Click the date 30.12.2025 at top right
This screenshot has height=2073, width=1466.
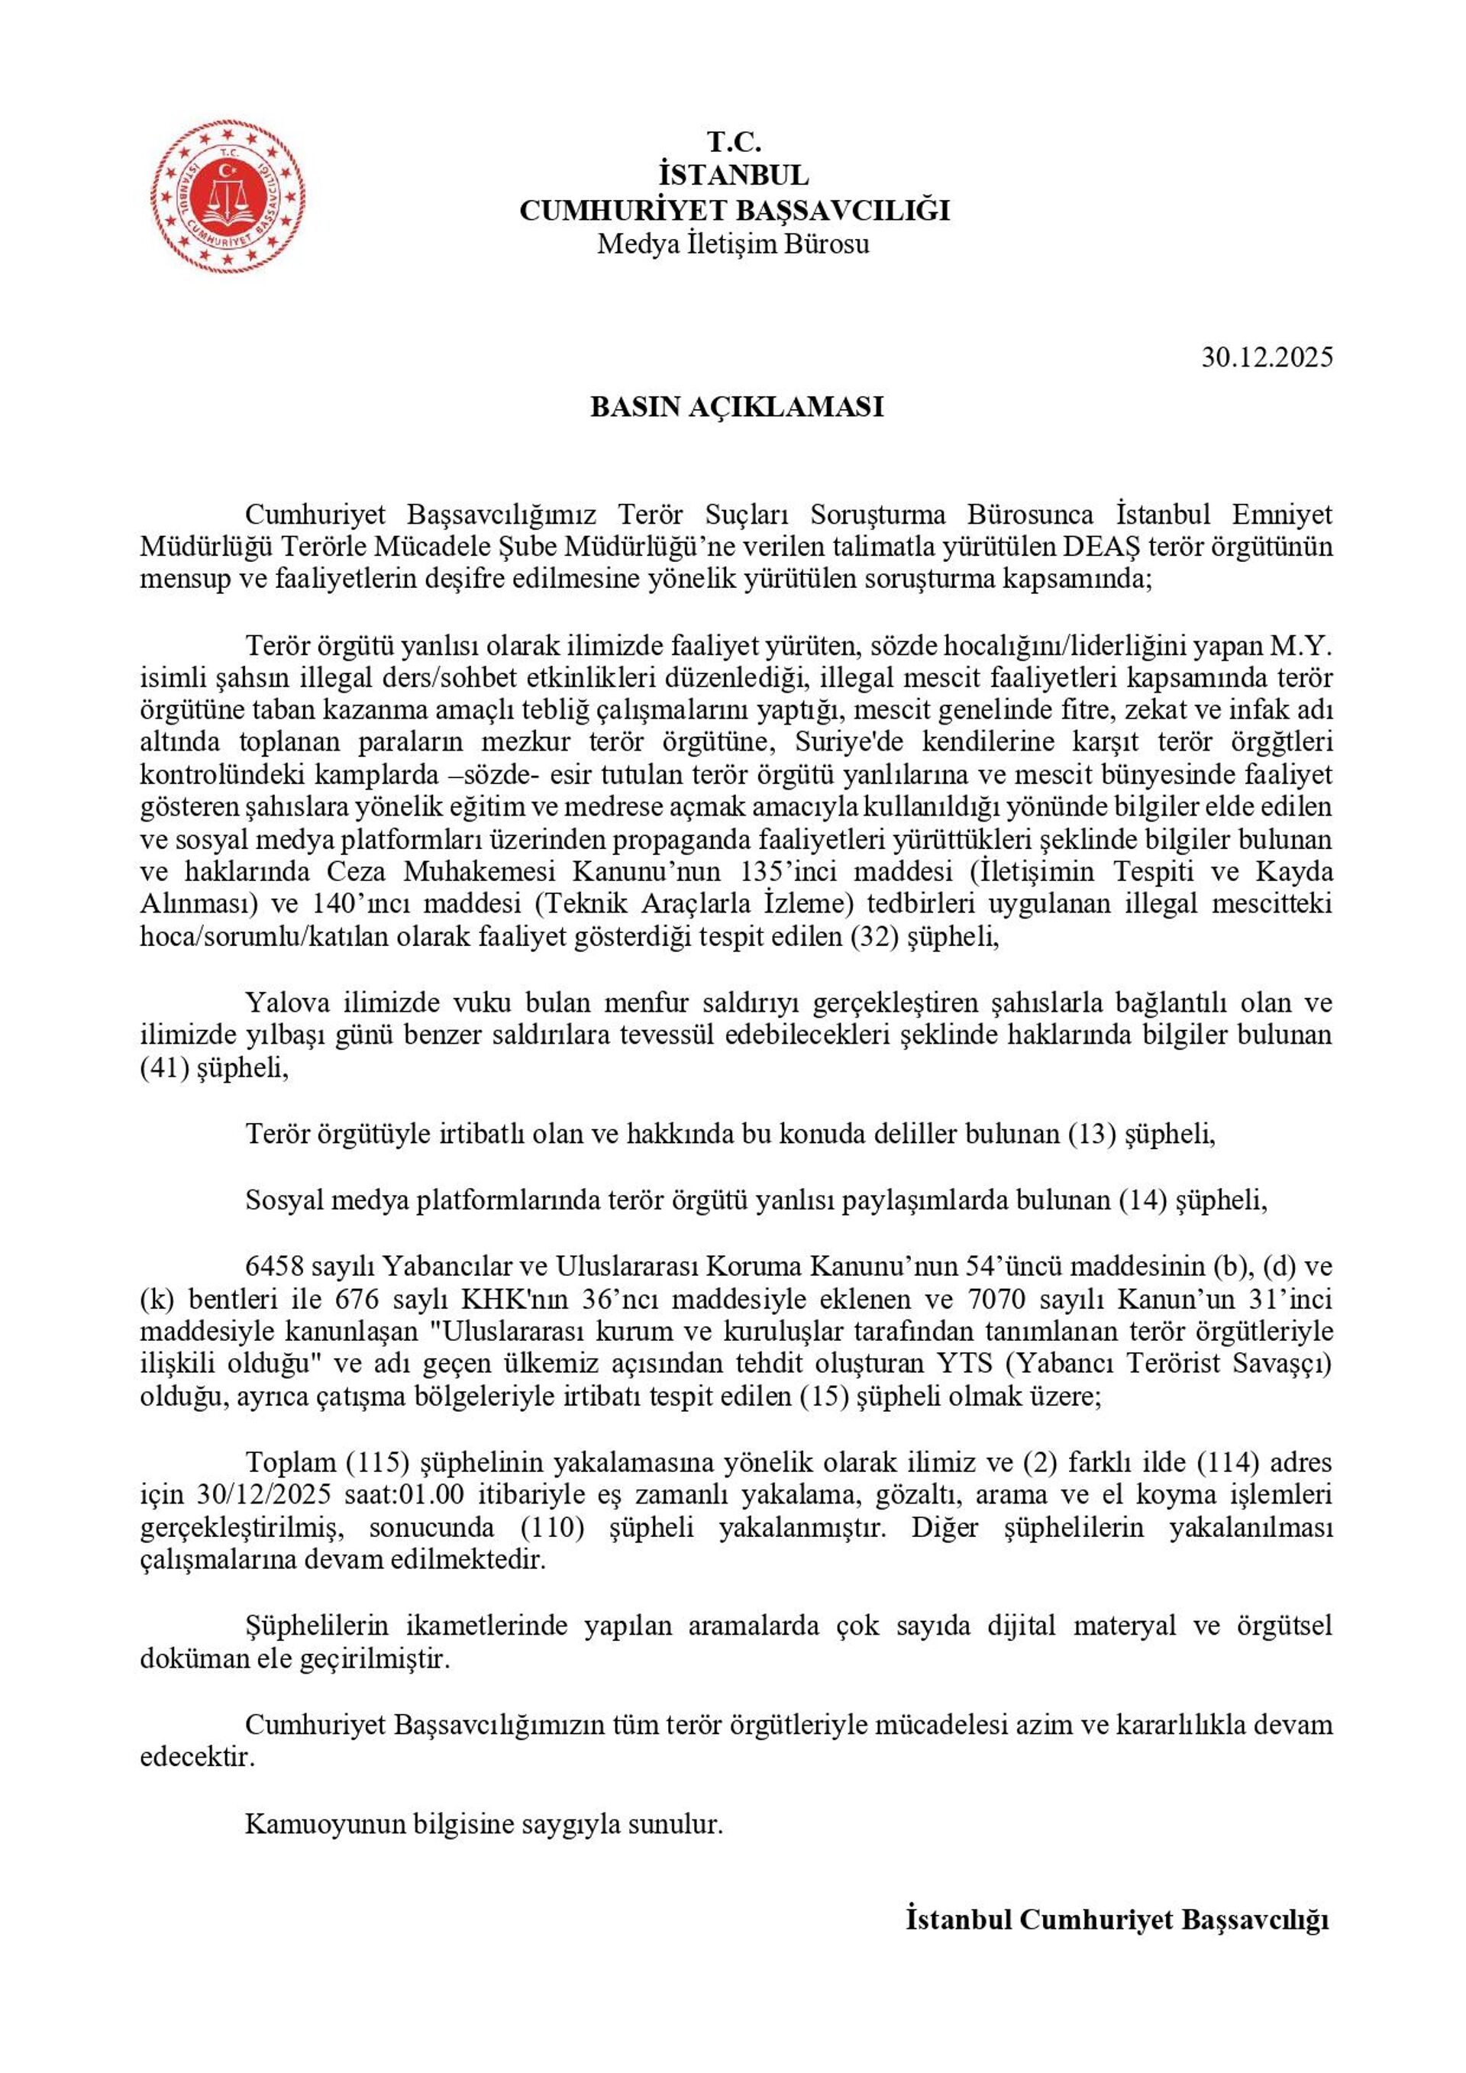[1266, 357]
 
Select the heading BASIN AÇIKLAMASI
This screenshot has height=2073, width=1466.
[736, 407]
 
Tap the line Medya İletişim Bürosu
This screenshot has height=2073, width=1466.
[733, 244]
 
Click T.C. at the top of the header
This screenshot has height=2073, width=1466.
[734, 142]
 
